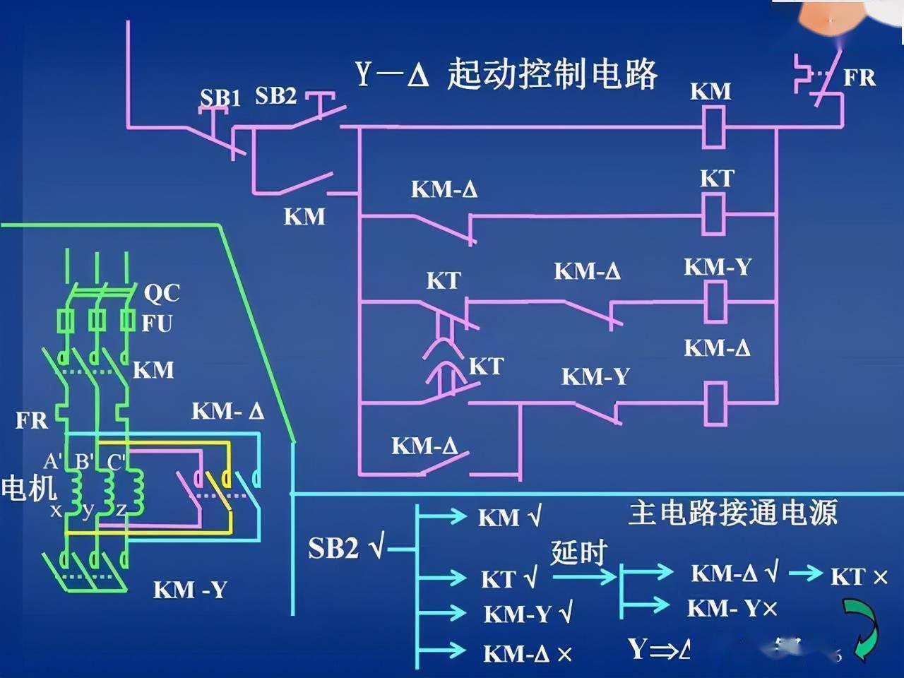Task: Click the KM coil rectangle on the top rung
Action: point(713,128)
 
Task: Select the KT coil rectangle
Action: point(713,215)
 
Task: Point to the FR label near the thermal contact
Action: point(860,77)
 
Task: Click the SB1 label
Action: point(220,97)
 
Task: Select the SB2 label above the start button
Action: point(275,95)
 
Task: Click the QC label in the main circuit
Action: point(162,292)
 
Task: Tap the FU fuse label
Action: point(157,323)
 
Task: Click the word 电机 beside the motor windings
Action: point(28,488)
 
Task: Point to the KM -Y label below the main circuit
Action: point(190,590)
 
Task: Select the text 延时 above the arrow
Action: point(579,552)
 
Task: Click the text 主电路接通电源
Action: point(732,512)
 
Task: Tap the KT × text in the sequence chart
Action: point(859,577)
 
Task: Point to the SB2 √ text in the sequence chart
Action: point(347,548)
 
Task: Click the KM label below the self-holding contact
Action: point(304,216)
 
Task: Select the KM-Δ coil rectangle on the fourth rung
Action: point(716,403)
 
